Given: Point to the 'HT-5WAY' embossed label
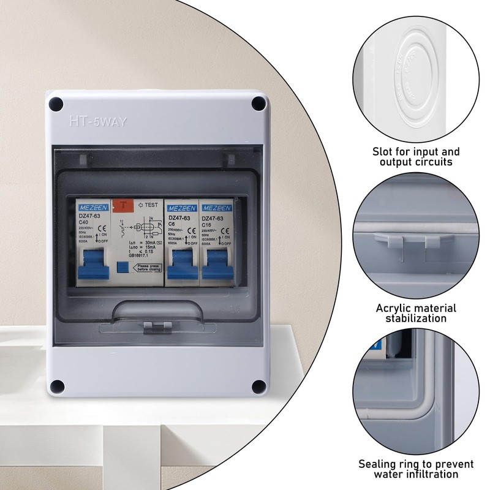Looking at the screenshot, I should [x=98, y=122].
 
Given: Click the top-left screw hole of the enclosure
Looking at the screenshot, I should [x=56, y=104].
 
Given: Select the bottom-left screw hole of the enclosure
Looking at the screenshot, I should [x=56, y=386].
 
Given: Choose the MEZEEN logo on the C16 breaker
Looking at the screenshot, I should [x=216, y=208].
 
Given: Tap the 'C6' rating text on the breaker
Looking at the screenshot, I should [x=172, y=225].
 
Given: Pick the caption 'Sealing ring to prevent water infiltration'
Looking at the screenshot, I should [x=417, y=469].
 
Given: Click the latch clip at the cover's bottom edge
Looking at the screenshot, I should [x=156, y=327].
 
